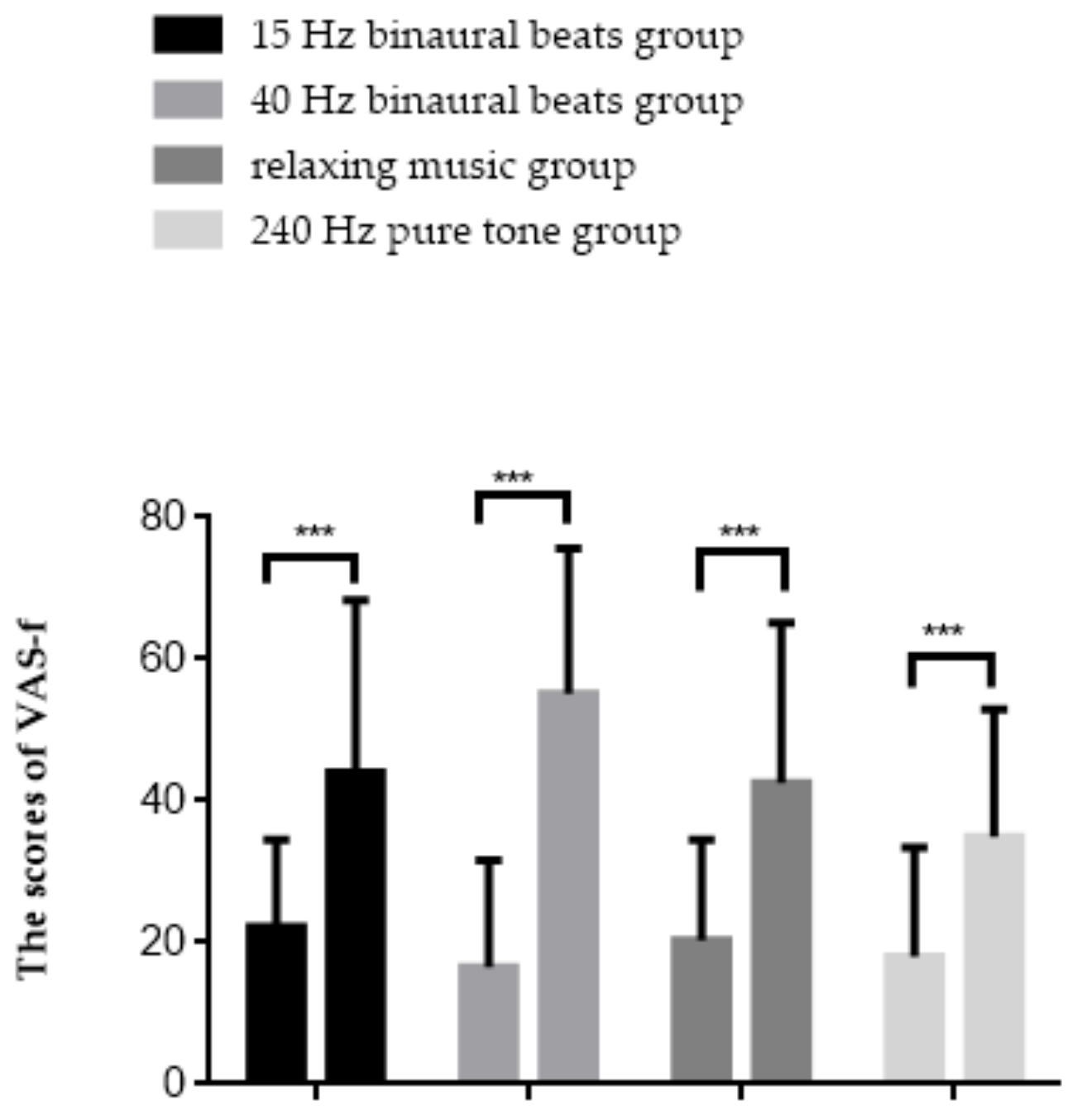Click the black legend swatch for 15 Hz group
(188, 36)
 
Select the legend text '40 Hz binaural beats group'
(496, 101)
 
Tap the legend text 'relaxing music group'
(443, 166)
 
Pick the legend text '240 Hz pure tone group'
(466, 232)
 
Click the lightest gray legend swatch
(188, 231)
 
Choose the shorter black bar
(276, 1002)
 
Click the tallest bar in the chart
(568, 886)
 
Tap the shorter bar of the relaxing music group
(701, 1009)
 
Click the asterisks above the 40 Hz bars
(513, 478)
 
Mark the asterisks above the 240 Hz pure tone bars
(943, 633)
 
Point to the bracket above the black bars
(311, 557)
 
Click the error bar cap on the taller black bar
(355, 598)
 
